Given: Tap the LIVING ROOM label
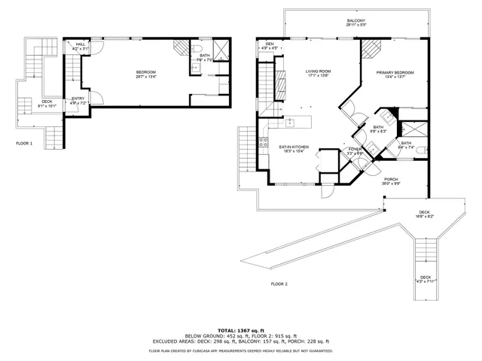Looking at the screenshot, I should (x=319, y=71).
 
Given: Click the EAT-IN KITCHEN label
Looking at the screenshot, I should (x=294, y=147).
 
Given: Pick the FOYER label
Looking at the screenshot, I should (x=354, y=150).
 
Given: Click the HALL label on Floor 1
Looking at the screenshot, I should (x=81, y=44).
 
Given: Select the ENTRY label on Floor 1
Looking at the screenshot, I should (x=78, y=99).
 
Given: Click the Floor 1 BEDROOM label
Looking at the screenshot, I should (x=145, y=72).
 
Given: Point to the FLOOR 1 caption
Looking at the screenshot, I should (x=24, y=142).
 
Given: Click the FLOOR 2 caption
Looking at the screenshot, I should (x=279, y=284).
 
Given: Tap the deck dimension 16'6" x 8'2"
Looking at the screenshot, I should (x=426, y=217).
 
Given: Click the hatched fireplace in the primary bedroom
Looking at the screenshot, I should (x=369, y=48).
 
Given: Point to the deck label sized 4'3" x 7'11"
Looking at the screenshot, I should (x=426, y=283).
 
